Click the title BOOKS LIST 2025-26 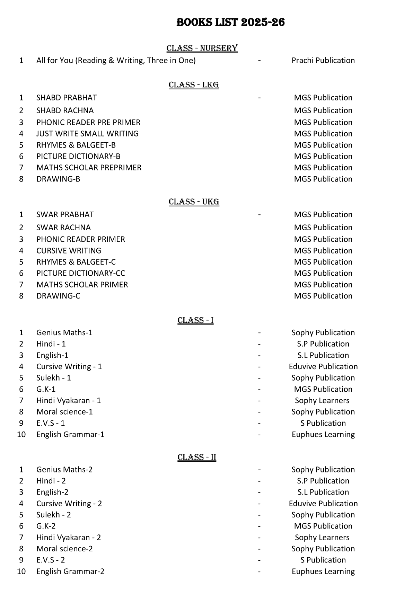click(x=230, y=23)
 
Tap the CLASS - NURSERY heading click(x=202, y=48)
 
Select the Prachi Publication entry click(x=323, y=60)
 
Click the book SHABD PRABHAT click(x=67, y=98)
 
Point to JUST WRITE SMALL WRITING click(x=87, y=134)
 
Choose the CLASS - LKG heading click(x=194, y=85)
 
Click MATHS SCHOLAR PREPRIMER click(x=89, y=168)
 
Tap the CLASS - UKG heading click(x=194, y=202)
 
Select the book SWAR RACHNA click(x=63, y=228)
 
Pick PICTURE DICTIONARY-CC click(x=80, y=273)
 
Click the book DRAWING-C click(x=58, y=296)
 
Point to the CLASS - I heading click(x=195, y=320)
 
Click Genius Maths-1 click(x=64, y=333)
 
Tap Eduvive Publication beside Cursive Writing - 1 click(x=323, y=367)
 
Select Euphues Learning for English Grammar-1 click(x=323, y=435)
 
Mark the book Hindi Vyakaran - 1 click(x=69, y=401)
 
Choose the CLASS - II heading click(x=196, y=458)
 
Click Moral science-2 click(x=64, y=549)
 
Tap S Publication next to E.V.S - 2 click(x=323, y=560)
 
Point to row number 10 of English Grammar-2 click(x=21, y=571)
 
